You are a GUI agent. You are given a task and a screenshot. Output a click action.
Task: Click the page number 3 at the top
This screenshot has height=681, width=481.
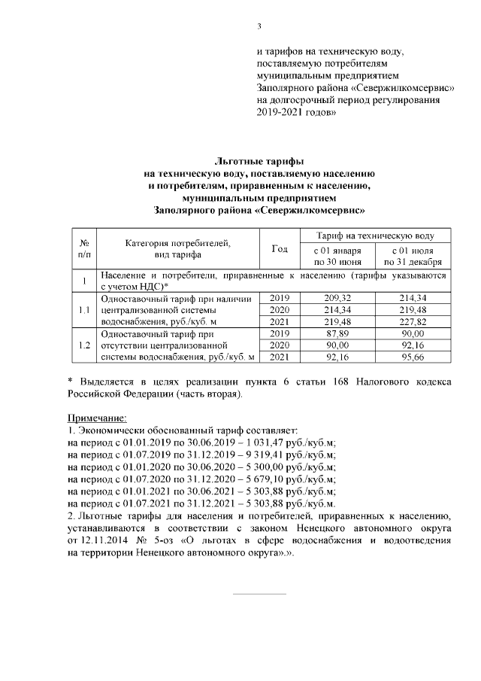[259, 28]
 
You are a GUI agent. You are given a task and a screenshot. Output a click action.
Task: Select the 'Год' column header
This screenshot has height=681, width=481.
[279, 249]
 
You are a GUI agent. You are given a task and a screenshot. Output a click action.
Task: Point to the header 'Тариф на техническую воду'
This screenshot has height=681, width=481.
[376, 236]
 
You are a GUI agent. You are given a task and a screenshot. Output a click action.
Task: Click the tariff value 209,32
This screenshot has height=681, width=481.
[334, 299]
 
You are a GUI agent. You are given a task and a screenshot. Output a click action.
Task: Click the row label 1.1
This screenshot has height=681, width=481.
[85, 310]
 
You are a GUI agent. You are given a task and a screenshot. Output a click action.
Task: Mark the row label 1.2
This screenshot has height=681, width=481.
[85, 345]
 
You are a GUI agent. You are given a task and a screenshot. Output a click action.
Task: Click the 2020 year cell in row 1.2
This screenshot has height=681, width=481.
[279, 345]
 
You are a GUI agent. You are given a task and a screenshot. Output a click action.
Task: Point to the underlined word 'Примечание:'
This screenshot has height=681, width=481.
[98, 418]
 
